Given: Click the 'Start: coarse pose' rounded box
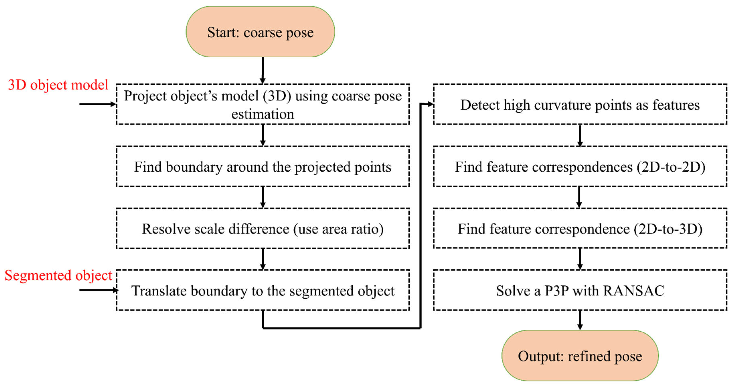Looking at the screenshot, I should point(260,32).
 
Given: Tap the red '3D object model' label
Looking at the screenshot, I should point(58,85).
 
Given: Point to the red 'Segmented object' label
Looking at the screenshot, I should point(58,275).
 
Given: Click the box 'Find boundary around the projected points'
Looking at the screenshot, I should point(263,167).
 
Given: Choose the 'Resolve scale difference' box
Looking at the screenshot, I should point(263,229).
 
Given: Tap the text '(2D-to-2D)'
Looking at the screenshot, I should point(671,167).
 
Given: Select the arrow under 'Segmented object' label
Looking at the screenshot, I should point(98,290).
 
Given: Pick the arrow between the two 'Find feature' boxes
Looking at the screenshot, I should point(579,197).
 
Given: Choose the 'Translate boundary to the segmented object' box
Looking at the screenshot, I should point(263,290).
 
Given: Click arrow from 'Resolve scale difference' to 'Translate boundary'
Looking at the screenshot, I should point(263,259).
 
